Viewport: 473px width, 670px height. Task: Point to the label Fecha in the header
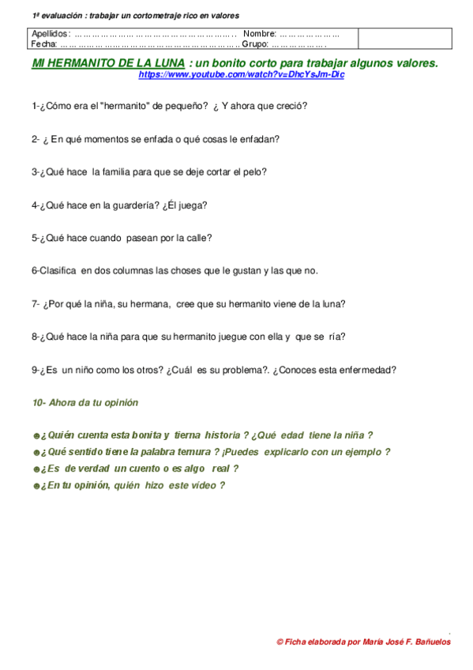pyautogui.click(x=43, y=43)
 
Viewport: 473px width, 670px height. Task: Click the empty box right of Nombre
pyautogui.click(x=404, y=38)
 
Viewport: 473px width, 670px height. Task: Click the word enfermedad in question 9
pyautogui.click(x=369, y=369)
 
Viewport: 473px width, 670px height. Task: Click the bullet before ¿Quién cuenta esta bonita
pyautogui.click(x=36, y=435)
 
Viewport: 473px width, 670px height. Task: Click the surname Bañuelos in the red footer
pyautogui.click(x=426, y=642)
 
